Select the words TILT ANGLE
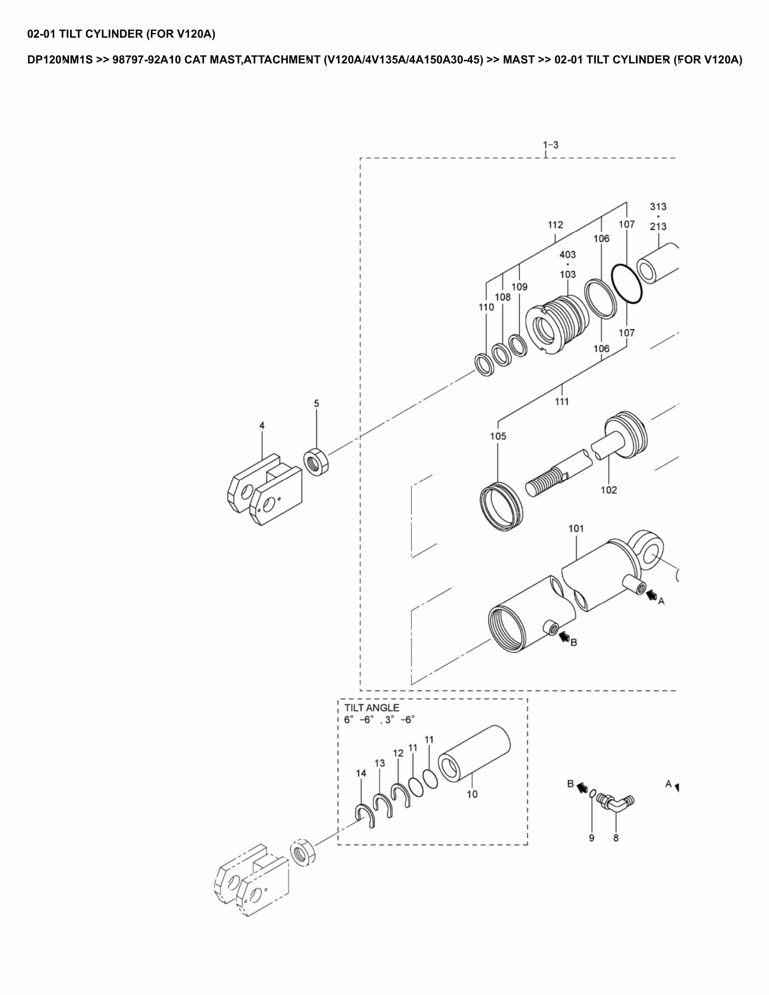tap(371, 708)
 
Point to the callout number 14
tap(361, 773)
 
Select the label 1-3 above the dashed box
tap(550, 145)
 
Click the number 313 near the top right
tap(658, 206)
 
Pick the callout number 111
tap(562, 401)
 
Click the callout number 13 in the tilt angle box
tap(379, 763)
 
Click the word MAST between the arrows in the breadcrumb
tap(518, 60)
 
